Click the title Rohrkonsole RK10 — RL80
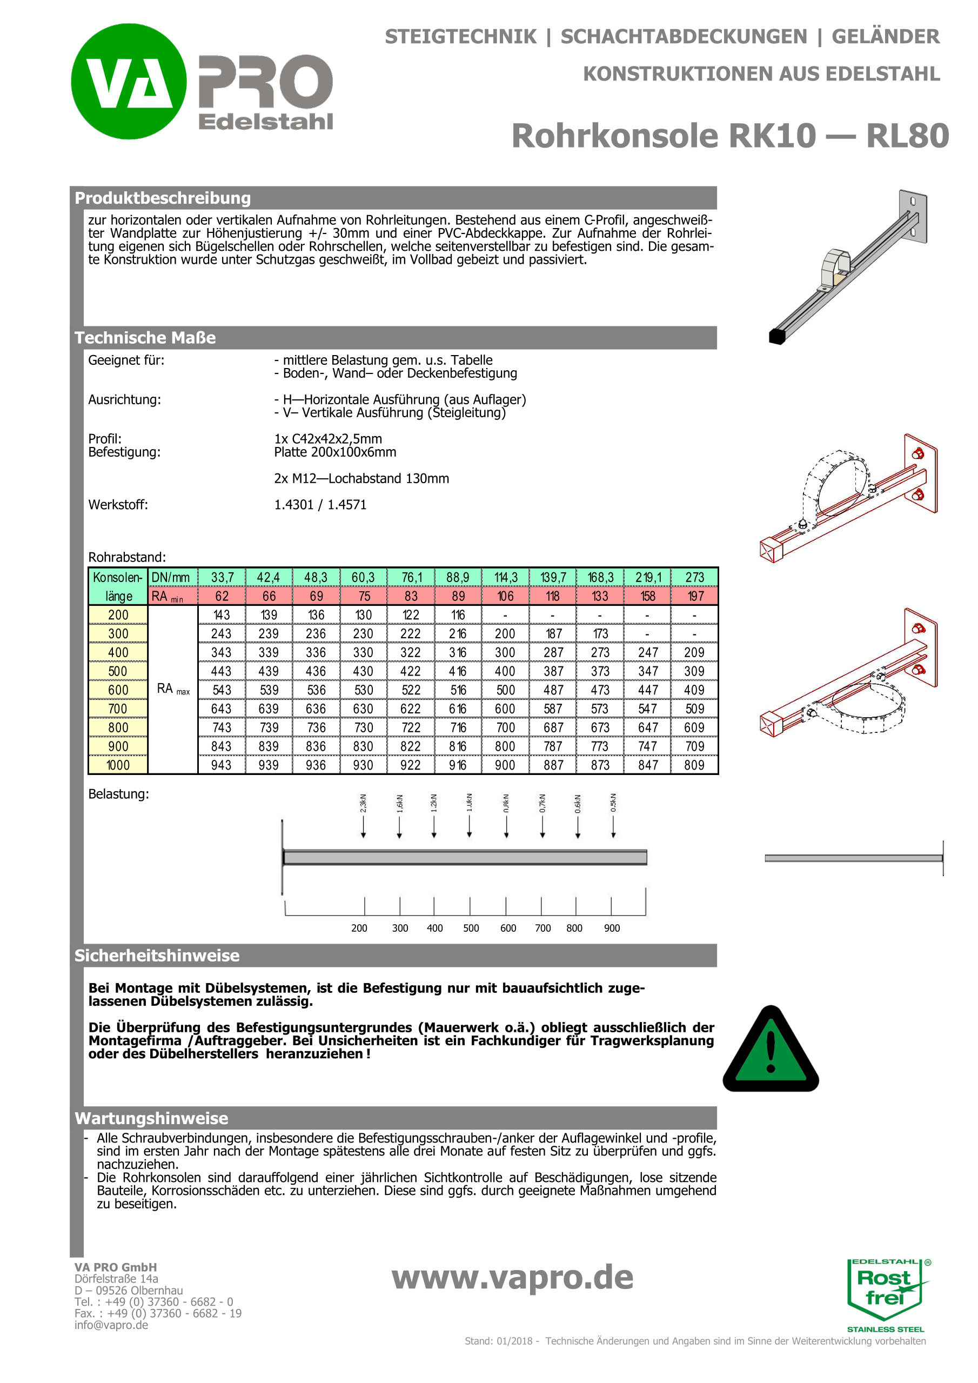pos(729,136)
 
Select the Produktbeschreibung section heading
pos(163,198)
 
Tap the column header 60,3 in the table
pos(363,577)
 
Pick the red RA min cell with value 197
pos(694,596)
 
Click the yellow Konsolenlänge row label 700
pos(118,709)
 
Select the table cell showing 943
pos(221,764)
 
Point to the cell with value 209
pos(694,652)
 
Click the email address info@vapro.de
pos(111,1325)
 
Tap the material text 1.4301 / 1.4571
pos(320,505)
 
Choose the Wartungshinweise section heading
pos(151,1119)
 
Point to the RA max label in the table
pos(173,689)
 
